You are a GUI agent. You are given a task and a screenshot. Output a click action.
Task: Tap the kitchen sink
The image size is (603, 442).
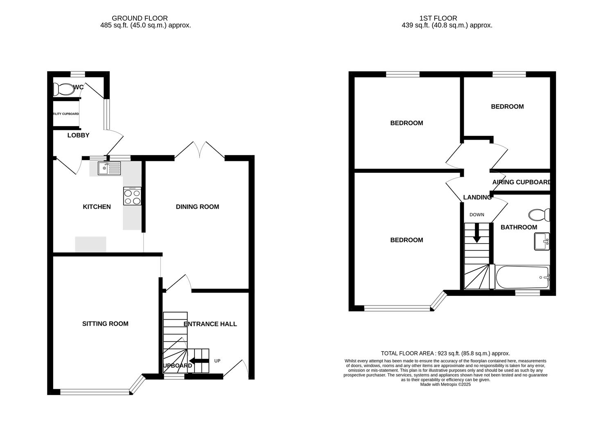click(x=109, y=168)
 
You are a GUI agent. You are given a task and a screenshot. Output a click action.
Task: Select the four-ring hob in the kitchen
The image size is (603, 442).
click(x=132, y=196)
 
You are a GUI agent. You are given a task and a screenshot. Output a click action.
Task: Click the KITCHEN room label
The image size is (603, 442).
click(x=97, y=207)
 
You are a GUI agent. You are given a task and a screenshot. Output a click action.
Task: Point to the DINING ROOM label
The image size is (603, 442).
click(x=197, y=207)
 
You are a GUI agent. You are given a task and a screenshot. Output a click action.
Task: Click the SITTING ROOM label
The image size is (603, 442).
click(x=105, y=324)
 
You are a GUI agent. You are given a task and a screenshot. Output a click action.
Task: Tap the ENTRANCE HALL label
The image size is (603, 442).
click(x=210, y=324)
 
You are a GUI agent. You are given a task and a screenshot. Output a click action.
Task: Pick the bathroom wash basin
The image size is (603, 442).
click(x=542, y=241)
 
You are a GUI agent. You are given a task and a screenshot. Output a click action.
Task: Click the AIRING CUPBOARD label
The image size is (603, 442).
click(x=521, y=182)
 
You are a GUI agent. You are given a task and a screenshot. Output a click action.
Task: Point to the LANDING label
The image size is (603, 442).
click(x=477, y=197)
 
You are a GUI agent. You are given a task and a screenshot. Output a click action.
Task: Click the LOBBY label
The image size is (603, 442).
click(x=78, y=135)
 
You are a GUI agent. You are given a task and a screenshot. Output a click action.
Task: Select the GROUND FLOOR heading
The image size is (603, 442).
click(x=140, y=18)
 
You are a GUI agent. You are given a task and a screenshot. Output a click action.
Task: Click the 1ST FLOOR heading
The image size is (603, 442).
click(x=438, y=18)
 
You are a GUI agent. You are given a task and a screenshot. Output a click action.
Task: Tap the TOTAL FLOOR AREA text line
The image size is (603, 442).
click(x=445, y=353)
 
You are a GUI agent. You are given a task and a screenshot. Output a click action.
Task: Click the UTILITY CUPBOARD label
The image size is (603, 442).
click(x=66, y=114)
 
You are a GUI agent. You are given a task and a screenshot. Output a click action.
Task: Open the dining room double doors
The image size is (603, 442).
click(x=199, y=151)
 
